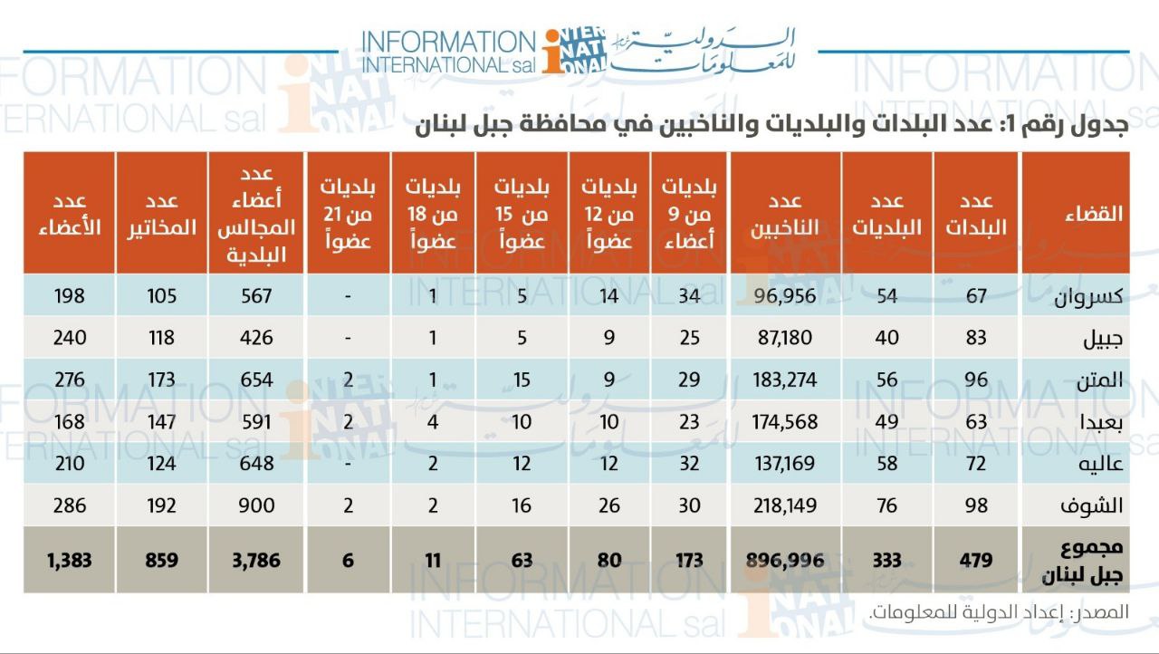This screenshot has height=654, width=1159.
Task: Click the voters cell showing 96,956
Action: (x=784, y=296)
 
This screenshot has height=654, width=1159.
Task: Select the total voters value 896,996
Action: (x=784, y=561)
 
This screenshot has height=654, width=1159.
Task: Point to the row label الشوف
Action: (x=1097, y=505)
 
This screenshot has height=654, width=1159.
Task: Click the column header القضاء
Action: (x=1093, y=214)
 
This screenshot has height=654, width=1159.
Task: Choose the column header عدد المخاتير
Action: (x=161, y=214)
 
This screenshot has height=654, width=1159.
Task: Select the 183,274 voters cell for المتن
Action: (x=784, y=380)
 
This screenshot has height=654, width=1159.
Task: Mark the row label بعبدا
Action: (x=1099, y=422)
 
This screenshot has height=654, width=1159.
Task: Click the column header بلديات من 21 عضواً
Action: (x=348, y=214)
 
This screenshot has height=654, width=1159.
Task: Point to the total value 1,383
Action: (x=69, y=561)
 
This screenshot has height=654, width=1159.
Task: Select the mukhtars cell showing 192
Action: (x=161, y=505)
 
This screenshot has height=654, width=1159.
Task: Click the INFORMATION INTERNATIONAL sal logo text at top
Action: (x=448, y=53)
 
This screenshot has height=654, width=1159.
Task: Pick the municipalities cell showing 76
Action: (x=886, y=505)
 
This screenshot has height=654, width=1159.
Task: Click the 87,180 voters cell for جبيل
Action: (x=784, y=338)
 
